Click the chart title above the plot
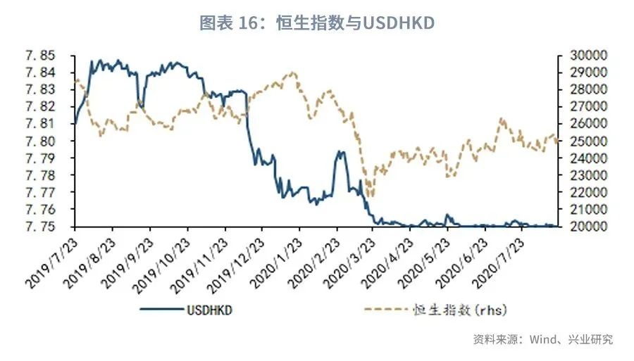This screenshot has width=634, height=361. tap(317, 23)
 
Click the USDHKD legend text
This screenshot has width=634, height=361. tap(209, 310)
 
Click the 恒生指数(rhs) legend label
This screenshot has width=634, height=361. tap(460, 310)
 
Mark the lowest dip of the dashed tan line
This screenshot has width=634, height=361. tap(371, 197)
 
